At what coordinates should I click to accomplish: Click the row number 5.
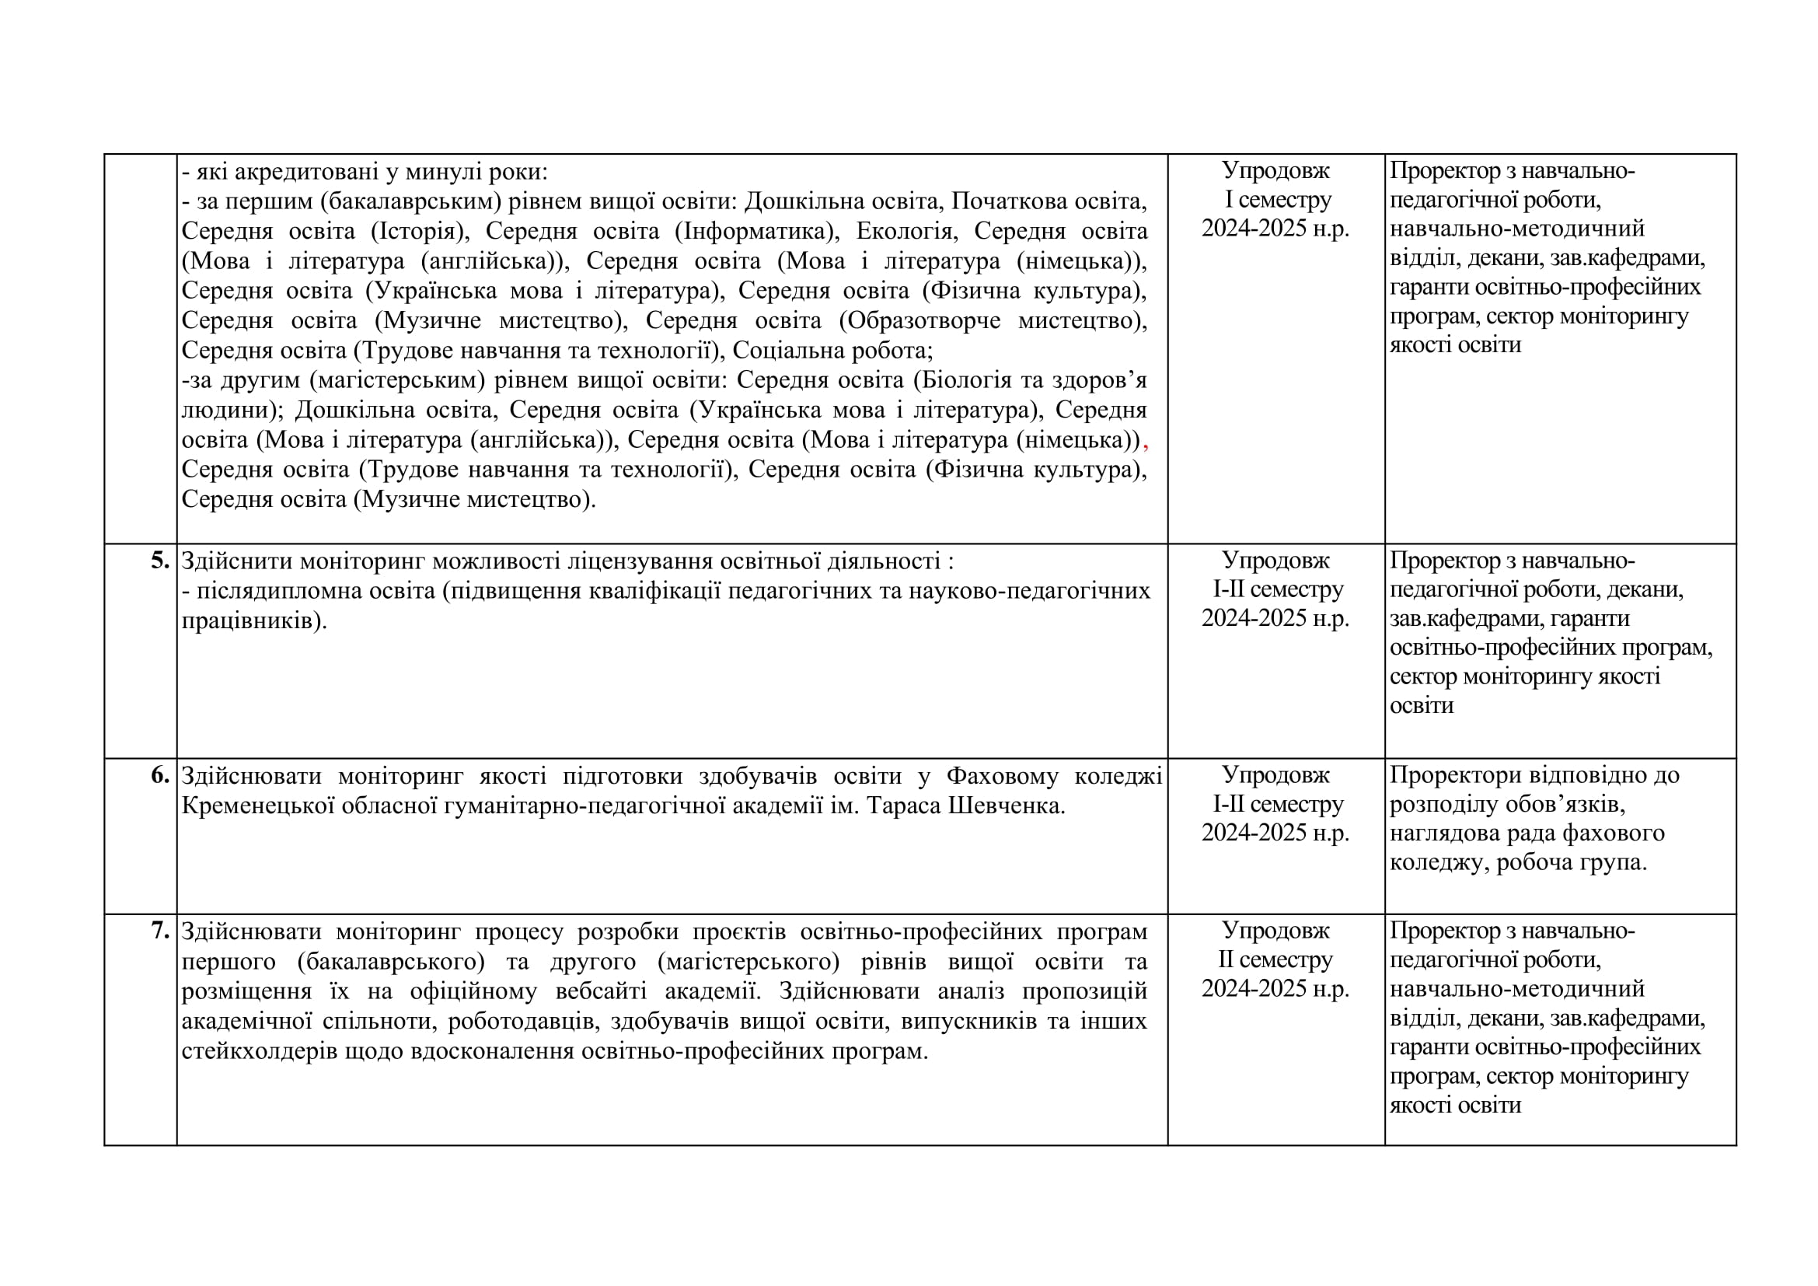(160, 561)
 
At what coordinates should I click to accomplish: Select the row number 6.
(160, 775)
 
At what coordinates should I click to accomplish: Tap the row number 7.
(160, 931)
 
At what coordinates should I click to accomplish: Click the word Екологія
(904, 231)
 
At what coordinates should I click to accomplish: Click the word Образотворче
(923, 320)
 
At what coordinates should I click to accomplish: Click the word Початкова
(1007, 201)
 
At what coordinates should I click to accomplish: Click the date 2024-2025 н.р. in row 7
(1275, 988)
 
